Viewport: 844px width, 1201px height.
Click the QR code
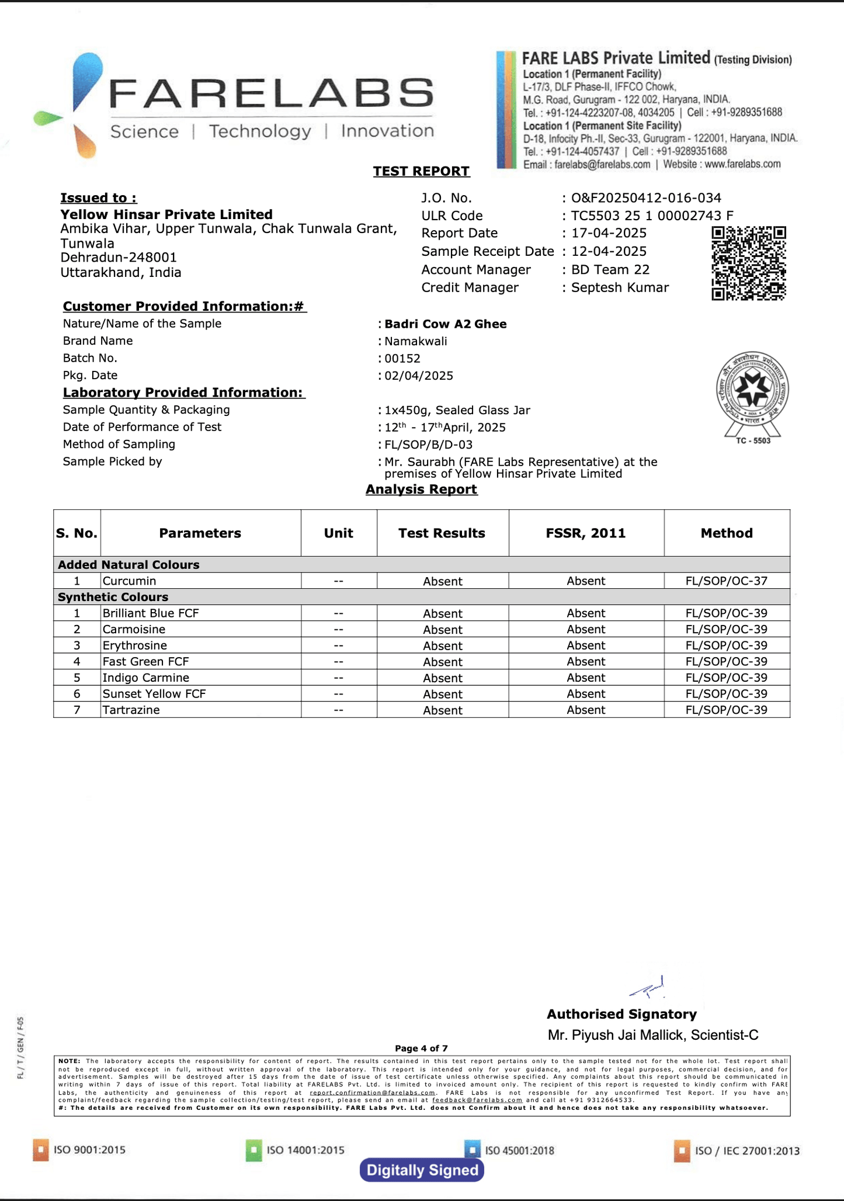click(x=748, y=263)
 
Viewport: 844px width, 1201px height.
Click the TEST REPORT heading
click(x=421, y=171)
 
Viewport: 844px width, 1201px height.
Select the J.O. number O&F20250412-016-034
click(x=646, y=198)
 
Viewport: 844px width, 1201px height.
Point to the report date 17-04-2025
click(x=609, y=233)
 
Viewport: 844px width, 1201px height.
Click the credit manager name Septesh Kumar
click(x=620, y=287)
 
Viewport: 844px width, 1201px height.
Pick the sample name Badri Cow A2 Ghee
click(x=445, y=324)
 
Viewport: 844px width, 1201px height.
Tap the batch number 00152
click(x=402, y=358)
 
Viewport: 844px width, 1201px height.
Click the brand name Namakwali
click(x=415, y=341)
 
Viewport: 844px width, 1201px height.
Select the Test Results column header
click(x=442, y=533)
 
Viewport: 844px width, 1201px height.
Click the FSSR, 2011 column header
click(x=586, y=533)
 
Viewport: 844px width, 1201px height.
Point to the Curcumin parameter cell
click(x=129, y=581)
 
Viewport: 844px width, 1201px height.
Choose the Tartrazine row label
click(x=131, y=710)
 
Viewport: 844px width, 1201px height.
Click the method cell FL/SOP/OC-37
click(x=726, y=581)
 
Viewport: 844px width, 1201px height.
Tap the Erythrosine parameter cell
click(x=134, y=645)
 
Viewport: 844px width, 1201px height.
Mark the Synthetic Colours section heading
click(x=113, y=597)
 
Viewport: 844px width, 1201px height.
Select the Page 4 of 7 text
click(x=421, y=1049)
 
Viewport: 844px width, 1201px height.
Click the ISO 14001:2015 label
click(x=305, y=1150)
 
